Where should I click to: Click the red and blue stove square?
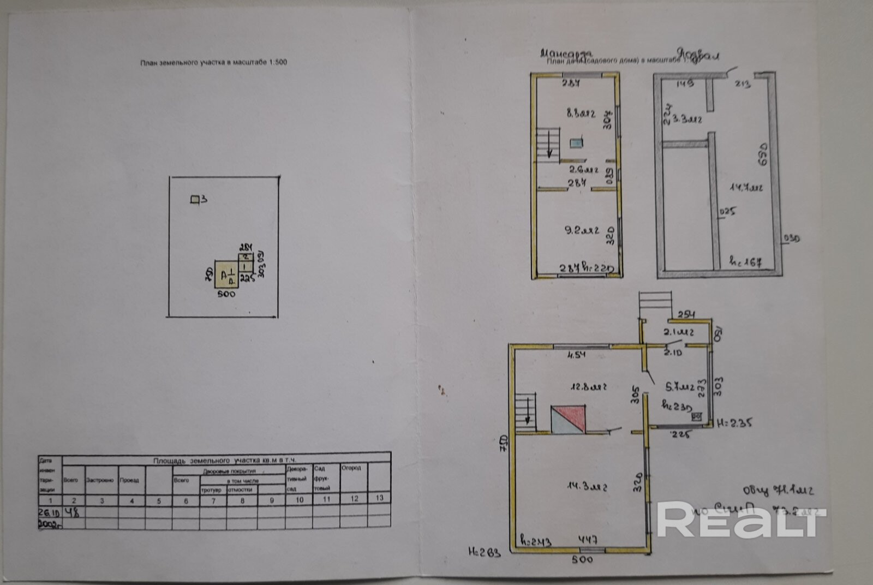[568, 419]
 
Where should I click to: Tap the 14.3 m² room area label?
[587, 486]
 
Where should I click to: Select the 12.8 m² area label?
[588, 387]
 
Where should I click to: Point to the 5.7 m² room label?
[679, 387]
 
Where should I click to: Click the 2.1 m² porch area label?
[678, 332]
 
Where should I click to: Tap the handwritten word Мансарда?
[566, 53]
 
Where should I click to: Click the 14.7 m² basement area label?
[746, 188]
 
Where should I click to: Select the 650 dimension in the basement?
[762, 154]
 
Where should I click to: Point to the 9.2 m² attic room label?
[581, 230]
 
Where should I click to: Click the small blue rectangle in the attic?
[576, 143]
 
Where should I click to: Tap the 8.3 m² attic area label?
[580, 114]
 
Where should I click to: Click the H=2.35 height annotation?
[734, 422]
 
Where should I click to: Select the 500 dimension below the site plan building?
[226, 294]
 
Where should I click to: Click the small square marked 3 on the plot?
[194, 200]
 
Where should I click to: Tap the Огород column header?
[351, 468]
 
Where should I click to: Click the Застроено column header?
[100, 480]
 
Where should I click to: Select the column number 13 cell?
[379, 498]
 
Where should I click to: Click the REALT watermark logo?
[741, 519]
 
